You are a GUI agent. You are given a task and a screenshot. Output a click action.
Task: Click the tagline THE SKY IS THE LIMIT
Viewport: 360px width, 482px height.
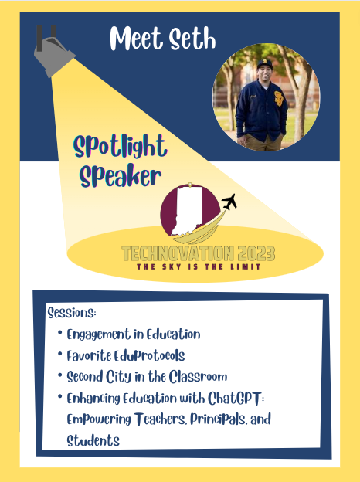(197, 266)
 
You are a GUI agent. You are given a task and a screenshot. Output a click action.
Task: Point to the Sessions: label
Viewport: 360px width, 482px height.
(71, 314)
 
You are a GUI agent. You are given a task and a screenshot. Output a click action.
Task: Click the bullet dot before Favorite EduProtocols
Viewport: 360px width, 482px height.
(60, 356)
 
